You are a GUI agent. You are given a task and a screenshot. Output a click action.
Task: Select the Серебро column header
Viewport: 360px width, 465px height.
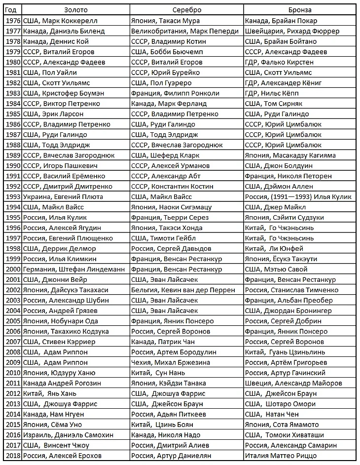pyautogui.click(x=187, y=10)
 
